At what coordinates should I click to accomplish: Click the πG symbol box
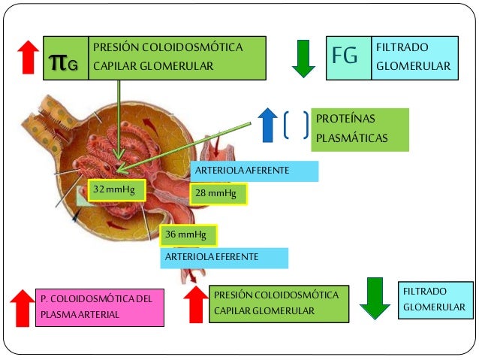click(x=66, y=59)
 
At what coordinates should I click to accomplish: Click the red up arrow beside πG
click(x=29, y=58)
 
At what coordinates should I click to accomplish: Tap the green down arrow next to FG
click(x=303, y=59)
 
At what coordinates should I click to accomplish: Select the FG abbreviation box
click(x=350, y=58)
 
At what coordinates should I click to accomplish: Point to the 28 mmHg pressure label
click(x=218, y=194)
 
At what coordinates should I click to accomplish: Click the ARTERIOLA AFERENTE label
click(x=254, y=171)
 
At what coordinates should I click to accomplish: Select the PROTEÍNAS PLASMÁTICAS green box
click(x=359, y=129)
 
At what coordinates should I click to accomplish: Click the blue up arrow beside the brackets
click(x=267, y=125)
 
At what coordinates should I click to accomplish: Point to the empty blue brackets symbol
click(x=296, y=126)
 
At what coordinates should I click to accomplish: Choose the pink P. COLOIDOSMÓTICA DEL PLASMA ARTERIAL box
click(x=98, y=307)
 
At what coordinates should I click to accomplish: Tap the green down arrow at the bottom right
click(x=375, y=298)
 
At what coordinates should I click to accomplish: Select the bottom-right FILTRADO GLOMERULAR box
click(x=435, y=299)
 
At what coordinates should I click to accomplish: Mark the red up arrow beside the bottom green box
click(x=196, y=303)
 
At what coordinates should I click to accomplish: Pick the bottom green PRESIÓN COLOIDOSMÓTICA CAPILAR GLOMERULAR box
click(x=278, y=303)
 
